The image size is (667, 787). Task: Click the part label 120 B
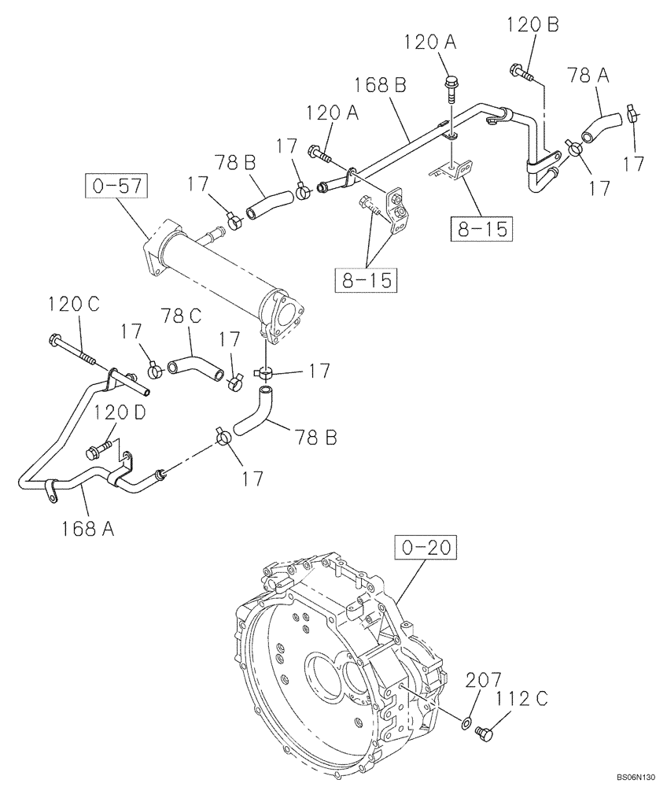tap(532, 25)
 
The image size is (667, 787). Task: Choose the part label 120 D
tap(120, 412)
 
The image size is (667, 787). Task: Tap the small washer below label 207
tap(467, 722)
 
